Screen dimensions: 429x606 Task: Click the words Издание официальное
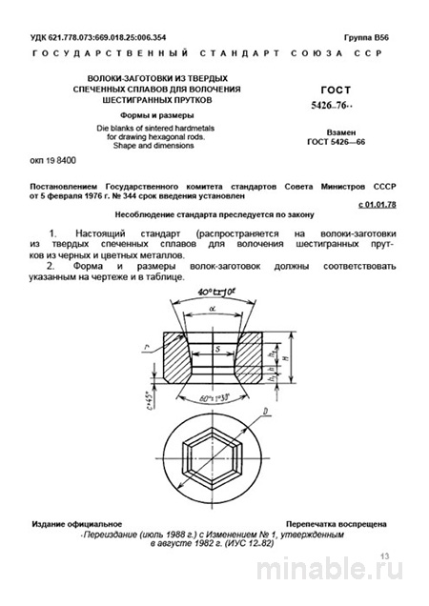75,526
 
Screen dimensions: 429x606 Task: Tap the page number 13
385,554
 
